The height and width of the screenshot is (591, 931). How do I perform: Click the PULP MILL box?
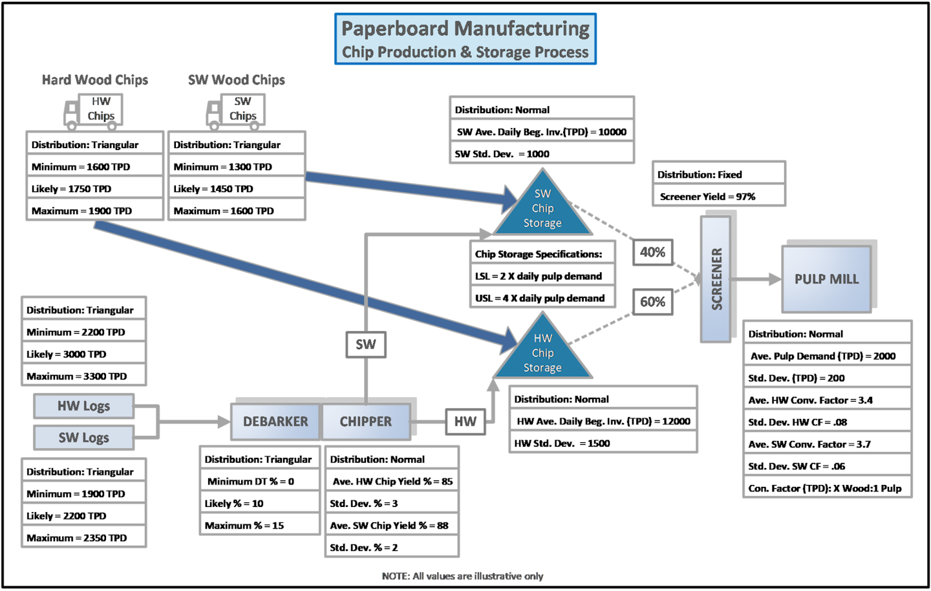pyautogui.click(x=826, y=279)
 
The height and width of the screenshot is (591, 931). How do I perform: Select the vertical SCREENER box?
pyautogui.click(x=716, y=279)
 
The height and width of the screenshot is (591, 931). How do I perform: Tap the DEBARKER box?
pyautogui.click(x=275, y=422)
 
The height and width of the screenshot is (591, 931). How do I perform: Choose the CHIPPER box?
pyautogui.click(x=366, y=422)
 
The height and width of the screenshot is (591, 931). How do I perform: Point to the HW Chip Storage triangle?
pyautogui.click(x=542, y=353)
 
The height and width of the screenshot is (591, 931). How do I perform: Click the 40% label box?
pyautogui.click(x=652, y=252)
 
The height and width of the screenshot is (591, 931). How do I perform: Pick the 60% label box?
pyautogui.click(x=652, y=302)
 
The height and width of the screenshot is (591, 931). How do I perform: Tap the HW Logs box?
pyautogui.click(x=83, y=406)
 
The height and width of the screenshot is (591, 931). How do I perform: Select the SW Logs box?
pyautogui.click(x=83, y=438)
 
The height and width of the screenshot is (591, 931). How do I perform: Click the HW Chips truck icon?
pyautogui.click(x=94, y=110)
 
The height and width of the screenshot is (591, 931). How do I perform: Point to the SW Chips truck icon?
pyautogui.click(x=236, y=110)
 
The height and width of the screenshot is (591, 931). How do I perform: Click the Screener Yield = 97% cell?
pyautogui.click(x=718, y=197)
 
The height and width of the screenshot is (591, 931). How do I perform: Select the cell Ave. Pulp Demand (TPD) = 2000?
pyautogui.click(x=827, y=356)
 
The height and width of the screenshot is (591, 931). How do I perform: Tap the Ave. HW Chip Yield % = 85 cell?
pyautogui.click(x=392, y=482)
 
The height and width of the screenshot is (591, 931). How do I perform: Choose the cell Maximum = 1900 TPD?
pyautogui.click(x=94, y=211)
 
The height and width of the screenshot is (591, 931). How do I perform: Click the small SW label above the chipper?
pyautogui.click(x=366, y=345)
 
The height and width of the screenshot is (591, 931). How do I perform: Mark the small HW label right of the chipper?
pyautogui.click(x=465, y=422)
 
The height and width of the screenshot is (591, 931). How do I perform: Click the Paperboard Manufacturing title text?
pyautogui.click(x=465, y=29)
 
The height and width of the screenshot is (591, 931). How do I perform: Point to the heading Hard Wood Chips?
pyautogui.click(x=95, y=80)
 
